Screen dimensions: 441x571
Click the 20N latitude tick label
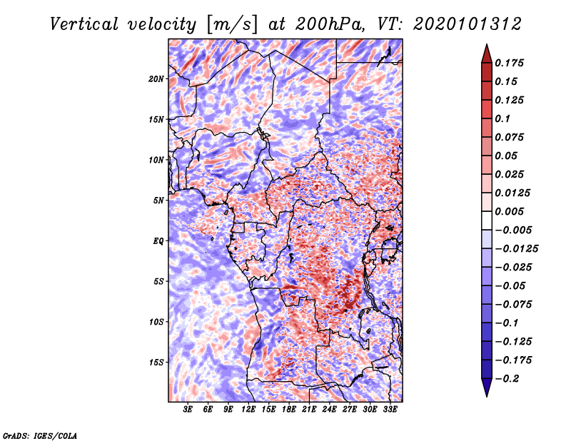pos(157,78)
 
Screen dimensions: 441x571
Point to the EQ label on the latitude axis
pos(158,240)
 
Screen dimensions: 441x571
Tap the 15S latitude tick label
pos(157,362)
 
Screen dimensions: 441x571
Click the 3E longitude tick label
pos(188,409)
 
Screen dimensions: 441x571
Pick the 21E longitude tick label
pos(310,409)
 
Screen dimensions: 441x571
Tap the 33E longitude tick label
pos(390,409)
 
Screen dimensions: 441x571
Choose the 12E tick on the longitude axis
pos(249,409)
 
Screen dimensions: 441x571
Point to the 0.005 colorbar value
pos(511,212)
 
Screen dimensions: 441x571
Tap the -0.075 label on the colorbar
pos(517,305)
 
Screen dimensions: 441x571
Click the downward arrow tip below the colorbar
pos(486,395)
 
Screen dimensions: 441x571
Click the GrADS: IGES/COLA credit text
pos(40,435)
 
